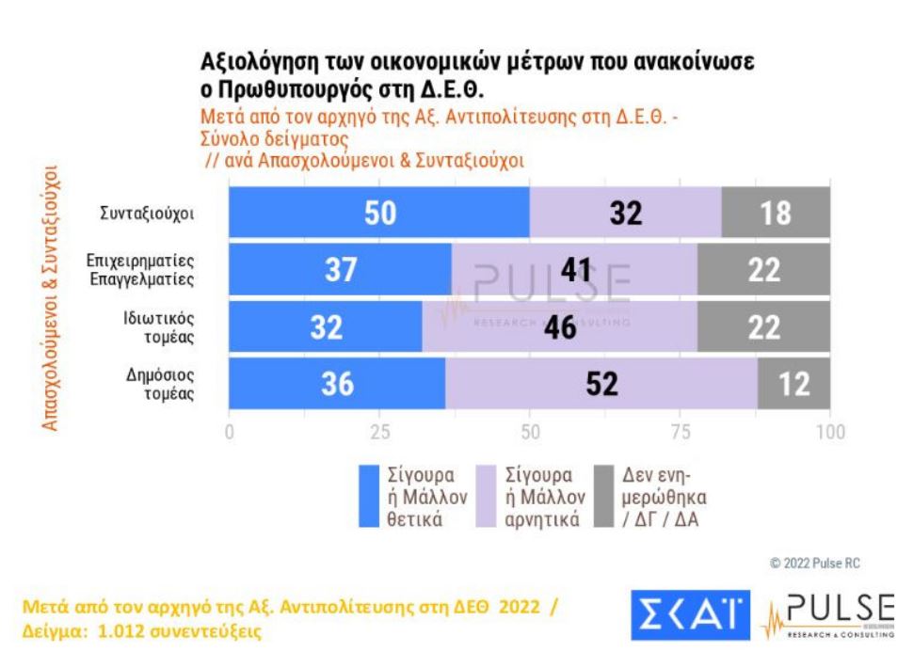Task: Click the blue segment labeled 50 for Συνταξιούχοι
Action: [x=379, y=213]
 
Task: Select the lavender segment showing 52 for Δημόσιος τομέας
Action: [x=601, y=385]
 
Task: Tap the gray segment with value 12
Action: [x=793, y=385]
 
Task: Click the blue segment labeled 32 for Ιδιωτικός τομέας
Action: [x=326, y=327]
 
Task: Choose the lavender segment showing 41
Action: [x=573, y=270]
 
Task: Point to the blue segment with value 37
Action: [x=341, y=270]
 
